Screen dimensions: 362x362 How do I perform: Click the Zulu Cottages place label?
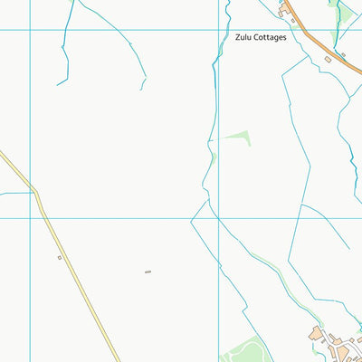pos(261,38)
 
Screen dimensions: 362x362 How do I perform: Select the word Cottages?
pos(271,38)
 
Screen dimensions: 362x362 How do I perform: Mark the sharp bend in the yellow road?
pos(36,193)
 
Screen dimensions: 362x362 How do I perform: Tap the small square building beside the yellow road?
pos(60,257)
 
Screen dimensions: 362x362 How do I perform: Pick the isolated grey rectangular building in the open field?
pos(148,271)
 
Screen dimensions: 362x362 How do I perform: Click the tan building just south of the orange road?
pos(328,59)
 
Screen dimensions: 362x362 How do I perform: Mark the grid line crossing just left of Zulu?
pos(219,30)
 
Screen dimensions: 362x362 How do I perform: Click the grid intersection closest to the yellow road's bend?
pos(30,217)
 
